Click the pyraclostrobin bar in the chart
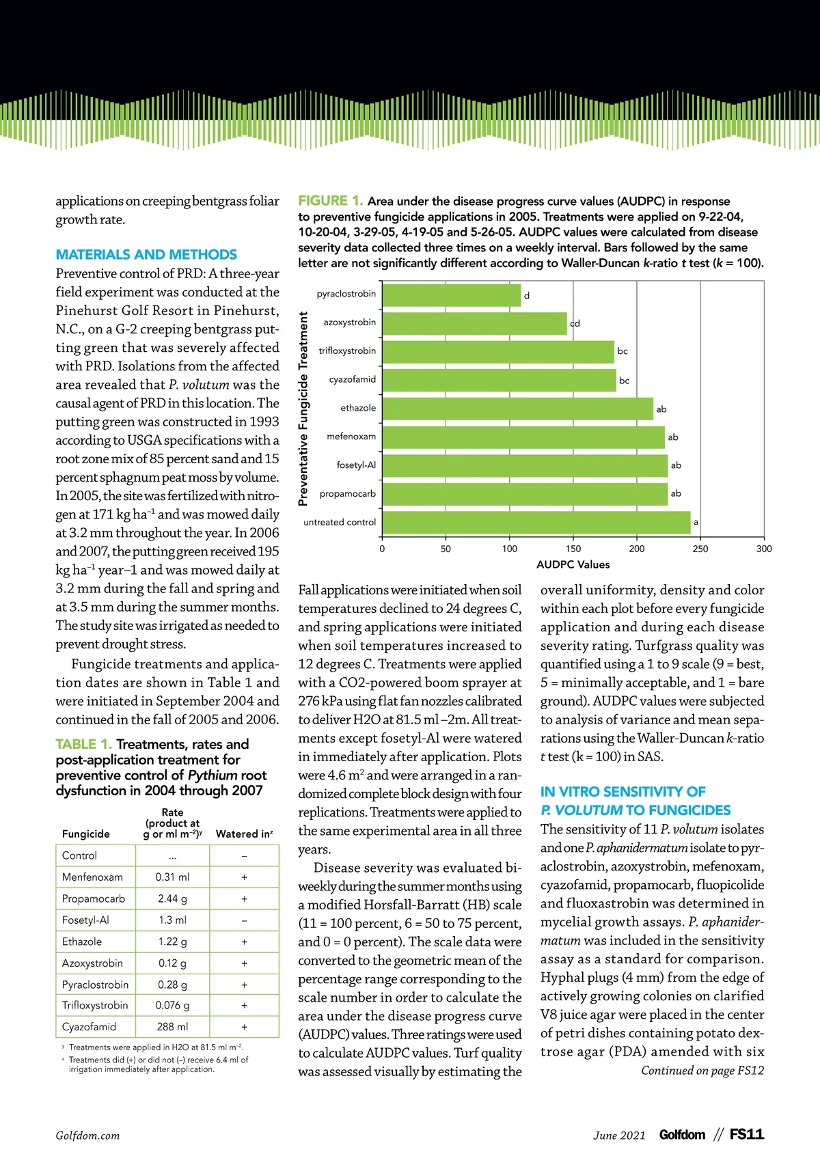click(451, 295)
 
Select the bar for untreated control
click(536, 523)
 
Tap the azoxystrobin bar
click(474, 323)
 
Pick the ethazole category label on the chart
click(358, 408)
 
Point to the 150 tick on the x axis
click(573, 549)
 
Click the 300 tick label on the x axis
click(764, 549)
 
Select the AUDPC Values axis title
click(573, 564)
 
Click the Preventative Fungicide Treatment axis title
click(303, 409)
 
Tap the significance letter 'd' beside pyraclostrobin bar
click(527, 296)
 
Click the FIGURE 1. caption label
click(330, 201)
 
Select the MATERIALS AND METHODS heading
click(146, 255)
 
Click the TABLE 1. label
click(83, 744)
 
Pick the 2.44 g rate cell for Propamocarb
click(172, 898)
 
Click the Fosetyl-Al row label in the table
click(85, 920)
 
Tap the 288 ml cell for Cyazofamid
click(172, 1027)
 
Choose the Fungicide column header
click(85, 834)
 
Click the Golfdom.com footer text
click(87, 1136)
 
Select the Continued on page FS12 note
click(702, 1071)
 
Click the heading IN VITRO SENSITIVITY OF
click(623, 792)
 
